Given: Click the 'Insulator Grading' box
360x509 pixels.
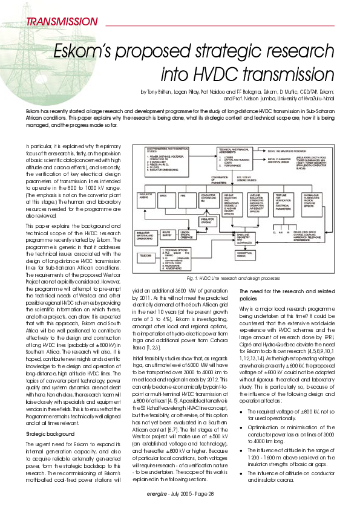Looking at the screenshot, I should click(x=206, y=221).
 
